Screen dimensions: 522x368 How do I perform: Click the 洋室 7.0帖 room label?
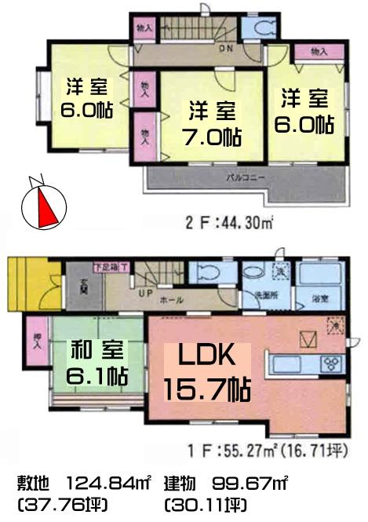pos(210,122)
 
